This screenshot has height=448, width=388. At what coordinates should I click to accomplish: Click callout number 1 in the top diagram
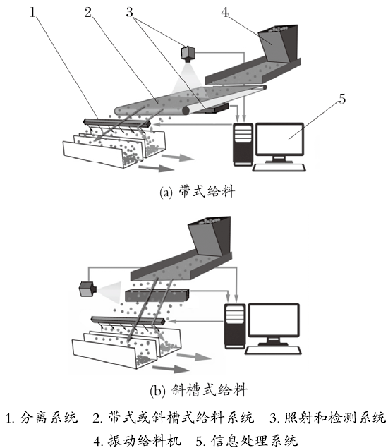pyautogui.click(x=33, y=12)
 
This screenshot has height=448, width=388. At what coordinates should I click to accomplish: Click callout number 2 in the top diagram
pyautogui.click(x=87, y=12)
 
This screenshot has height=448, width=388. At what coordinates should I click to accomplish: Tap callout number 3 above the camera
pyautogui.click(x=129, y=12)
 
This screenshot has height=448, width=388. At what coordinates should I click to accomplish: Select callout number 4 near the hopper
pyautogui.click(x=225, y=12)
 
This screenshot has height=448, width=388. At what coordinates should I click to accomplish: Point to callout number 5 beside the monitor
pyautogui.click(x=342, y=99)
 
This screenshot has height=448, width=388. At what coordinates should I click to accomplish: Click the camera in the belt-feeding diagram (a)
pyautogui.click(x=188, y=54)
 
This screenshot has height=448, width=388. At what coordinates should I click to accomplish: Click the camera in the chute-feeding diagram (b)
pyautogui.click(x=87, y=289)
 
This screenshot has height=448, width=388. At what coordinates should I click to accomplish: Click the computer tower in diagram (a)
pyautogui.click(x=243, y=145)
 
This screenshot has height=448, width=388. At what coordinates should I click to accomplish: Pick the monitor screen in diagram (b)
pyautogui.click(x=274, y=320)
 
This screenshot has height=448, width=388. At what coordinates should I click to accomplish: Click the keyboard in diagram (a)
pyautogui.click(x=279, y=167)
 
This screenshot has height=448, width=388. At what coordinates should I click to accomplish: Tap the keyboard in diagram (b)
pyautogui.click(x=273, y=351)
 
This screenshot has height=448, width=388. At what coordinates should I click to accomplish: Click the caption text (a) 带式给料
pyautogui.click(x=197, y=191)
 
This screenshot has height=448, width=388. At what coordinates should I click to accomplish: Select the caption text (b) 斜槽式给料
pyautogui.click(x=198, y=390)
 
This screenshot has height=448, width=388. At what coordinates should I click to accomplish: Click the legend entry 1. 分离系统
pyautogui.click(x=42, y=418)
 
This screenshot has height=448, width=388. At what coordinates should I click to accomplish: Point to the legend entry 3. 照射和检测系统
pyautogui.click(x=328, y=418)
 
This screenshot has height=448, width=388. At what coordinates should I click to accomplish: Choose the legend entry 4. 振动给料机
pyautogui.click(x=138, y=440)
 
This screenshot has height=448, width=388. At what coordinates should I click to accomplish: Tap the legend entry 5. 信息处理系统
pyautogui.click(x=247, y=440)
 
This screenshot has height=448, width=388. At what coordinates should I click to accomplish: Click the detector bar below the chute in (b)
pyautogui.click(x=157, y=296)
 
